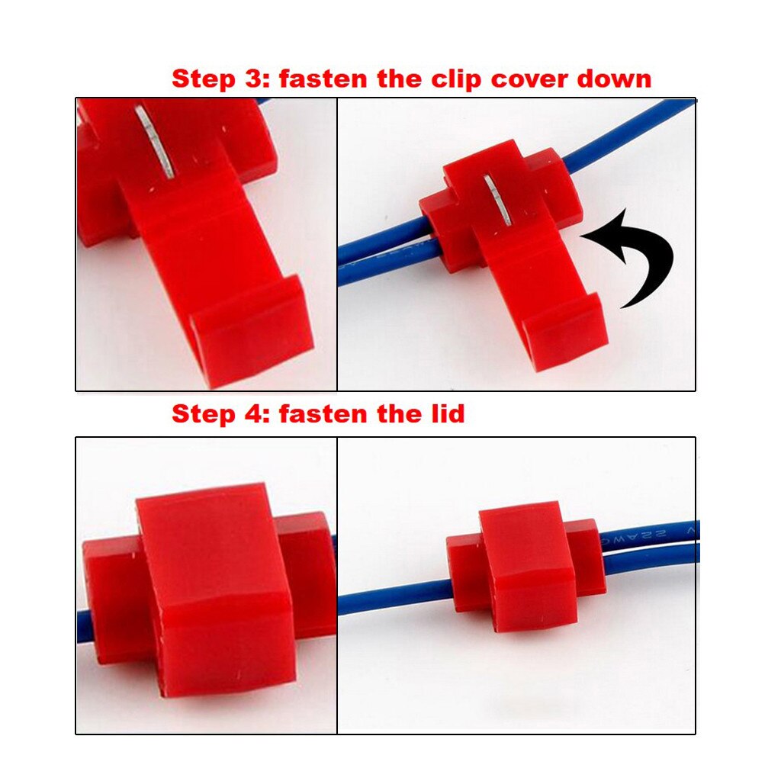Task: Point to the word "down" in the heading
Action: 613,79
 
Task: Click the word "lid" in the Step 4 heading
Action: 445,414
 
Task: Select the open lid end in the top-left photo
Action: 252,328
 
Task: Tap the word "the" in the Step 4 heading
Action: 397,414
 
